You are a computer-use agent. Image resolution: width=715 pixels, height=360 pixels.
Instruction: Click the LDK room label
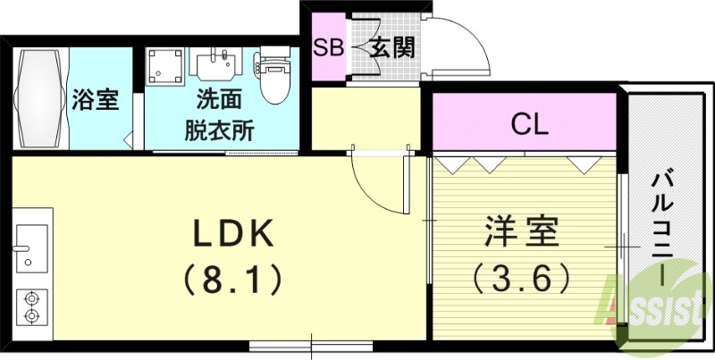pyautogui.click(x=233, y=234)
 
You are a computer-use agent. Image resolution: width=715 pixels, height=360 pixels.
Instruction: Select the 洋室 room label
pyautogui.click(x=522, y=234)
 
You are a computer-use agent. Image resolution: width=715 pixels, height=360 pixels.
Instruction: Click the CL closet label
pyautogui.click(x=528, y=125)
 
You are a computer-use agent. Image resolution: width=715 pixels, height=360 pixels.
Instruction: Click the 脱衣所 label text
pyautogui.click(x=218, y=130)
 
